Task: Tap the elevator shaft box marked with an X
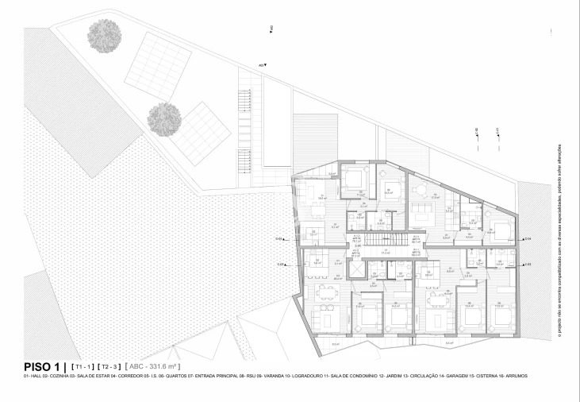tap(357, 269)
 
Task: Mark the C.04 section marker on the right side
tap(528, 238)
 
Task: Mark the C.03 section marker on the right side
tap(528, 263)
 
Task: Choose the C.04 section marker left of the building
tap(279, 238)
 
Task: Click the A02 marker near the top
tap(271, 30)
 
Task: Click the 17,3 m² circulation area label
tap(385, 252)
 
